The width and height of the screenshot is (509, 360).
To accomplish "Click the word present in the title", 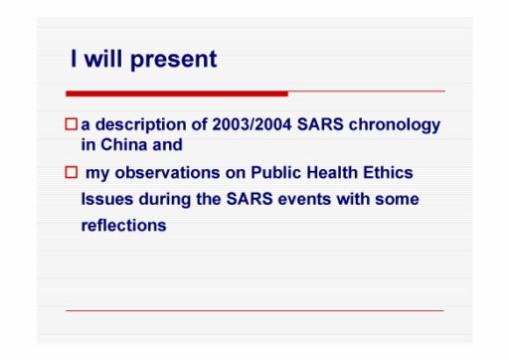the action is pyautogui.click(x=174, y=60).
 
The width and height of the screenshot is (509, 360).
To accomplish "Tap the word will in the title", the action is pyautogui.click(x=103, y=59).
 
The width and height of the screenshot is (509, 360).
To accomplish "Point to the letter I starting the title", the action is pyautogui.click(x=74, y=59).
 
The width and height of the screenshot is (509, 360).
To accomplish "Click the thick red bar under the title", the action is pyautogui.click(x=177, y=93).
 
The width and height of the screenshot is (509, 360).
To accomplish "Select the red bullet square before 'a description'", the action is pyautogui.click(x=72, y=124).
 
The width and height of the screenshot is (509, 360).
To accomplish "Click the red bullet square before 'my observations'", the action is pyautogui.click(x=72, y=172).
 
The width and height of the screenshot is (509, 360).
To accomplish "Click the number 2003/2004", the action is pyautogui.click(x=252, y=124).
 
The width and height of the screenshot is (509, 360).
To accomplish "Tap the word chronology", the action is pyautogui.click(x=395, y=125).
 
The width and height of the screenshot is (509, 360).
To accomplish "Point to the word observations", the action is pyautogui.click(x=167, y=173).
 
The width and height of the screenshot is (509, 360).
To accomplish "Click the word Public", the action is pyautogui.click(x=276, y=173).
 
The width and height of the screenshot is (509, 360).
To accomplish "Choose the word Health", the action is pyautogui.click(x=332, y=173).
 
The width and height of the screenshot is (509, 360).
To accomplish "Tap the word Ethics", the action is pyautogui.click(x=388, y=173).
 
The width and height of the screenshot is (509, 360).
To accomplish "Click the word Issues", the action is pyautogui.click(x=107, y=199).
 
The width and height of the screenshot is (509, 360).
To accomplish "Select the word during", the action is pyautogui.click(x=165, y=200).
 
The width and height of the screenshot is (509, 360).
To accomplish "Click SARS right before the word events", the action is pyautogui.click(x=250, y=199).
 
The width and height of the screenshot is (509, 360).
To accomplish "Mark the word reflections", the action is pyautogui.click(x=123, y=226).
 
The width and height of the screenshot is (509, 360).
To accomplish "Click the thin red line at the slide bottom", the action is pyautogui.click(x=254, y=310).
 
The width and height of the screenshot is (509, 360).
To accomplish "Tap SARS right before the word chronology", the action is pyautogui.click(x=320, y=124).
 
